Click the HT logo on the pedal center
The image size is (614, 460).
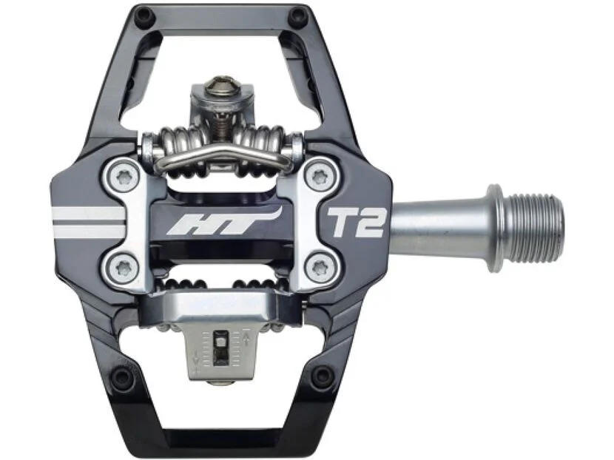click(x=223, y=222)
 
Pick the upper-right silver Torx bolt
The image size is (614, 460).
click(x=320, y=178)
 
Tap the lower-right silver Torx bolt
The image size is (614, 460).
click(x=320, y=268)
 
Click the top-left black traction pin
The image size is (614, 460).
click(x=143, y=16)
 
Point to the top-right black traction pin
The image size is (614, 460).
click(x=297, y=16)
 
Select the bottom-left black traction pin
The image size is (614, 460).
click(x=124, y=375)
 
